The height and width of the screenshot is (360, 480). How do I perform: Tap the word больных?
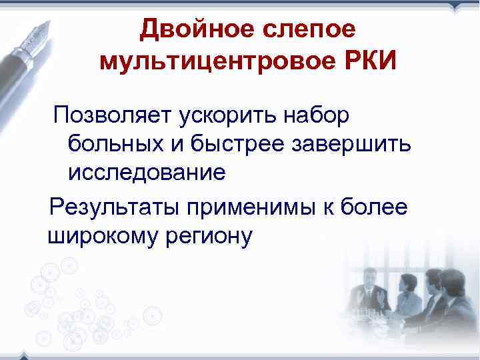tap(114, 144)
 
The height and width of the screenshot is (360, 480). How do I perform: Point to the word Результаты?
tap(113, 206)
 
